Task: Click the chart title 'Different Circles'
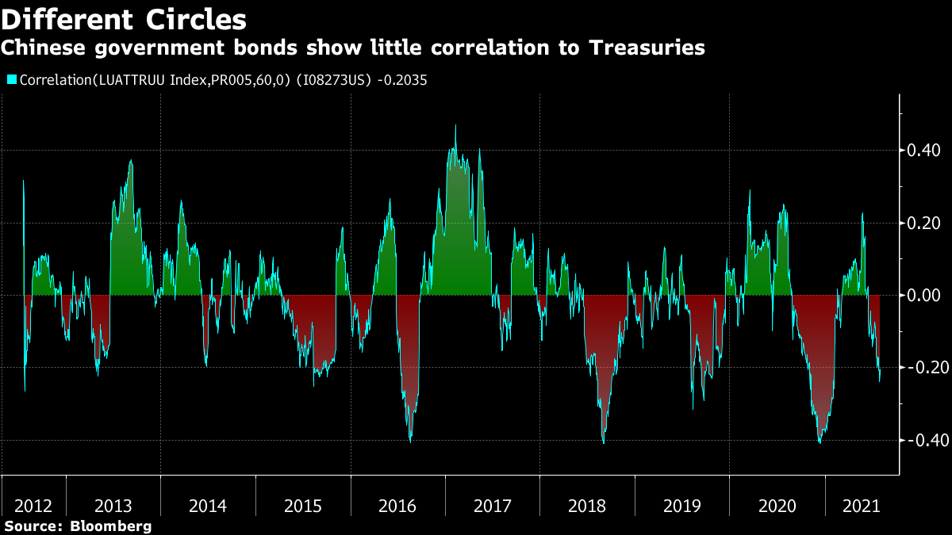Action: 123,19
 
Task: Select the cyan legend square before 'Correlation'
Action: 11,80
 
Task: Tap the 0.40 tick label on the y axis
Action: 924,151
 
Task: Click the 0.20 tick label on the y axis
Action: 924,224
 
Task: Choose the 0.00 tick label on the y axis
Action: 924,296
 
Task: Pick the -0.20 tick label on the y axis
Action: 922,369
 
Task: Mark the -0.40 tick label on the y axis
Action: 922,441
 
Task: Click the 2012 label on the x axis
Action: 34,506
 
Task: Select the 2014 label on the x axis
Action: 208,506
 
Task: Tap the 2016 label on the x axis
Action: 397,506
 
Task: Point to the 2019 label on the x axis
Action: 681,506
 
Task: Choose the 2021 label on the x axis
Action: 861,506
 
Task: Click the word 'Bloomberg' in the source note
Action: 111,526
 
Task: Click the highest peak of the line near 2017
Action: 455,125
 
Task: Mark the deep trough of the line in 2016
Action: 410,441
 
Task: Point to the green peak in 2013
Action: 131,161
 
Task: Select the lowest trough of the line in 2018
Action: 604,442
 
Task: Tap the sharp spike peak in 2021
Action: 862,213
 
